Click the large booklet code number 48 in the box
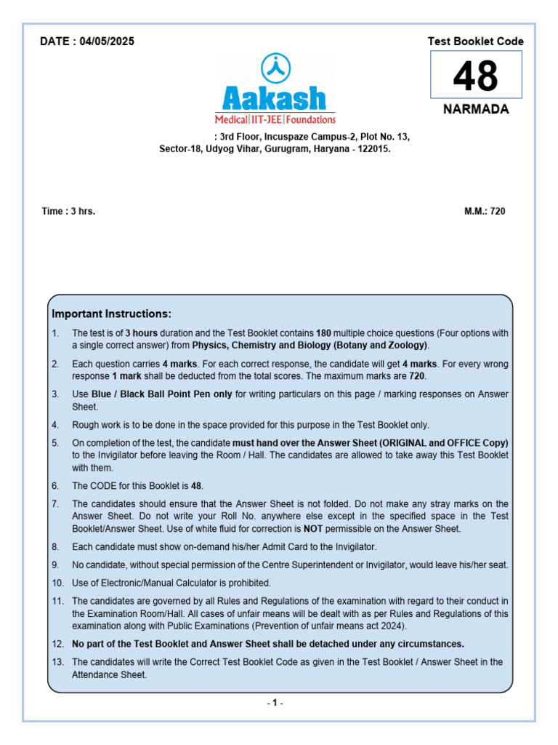[x=476, y=76]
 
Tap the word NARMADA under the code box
[x=476, y=110]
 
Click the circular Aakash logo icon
[x=275, y=69]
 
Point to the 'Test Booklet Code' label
[x=476, y=41]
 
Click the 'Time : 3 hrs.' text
[x=68, y=212]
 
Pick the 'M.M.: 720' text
[x=485, y=212]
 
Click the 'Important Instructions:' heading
[x=111, y=314]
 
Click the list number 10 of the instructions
[x=57, y=583]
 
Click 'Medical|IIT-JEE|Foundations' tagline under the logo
[x=275, y=119]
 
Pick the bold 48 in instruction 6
[x=197, y=485]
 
